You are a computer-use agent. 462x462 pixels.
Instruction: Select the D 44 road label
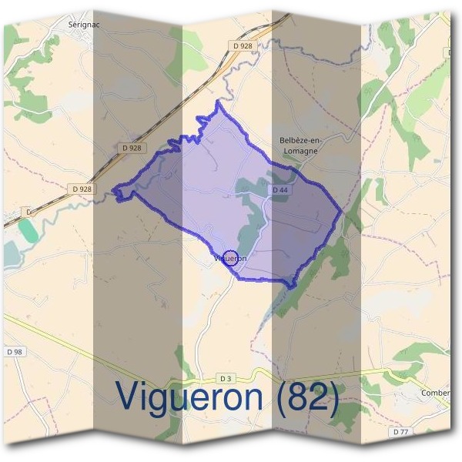(x=280, y=189)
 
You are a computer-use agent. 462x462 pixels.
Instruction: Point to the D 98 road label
(x=15, y=352)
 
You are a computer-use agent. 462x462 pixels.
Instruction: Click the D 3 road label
(x=226, y=378)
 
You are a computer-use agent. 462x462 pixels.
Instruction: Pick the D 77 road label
(x=400, y=432)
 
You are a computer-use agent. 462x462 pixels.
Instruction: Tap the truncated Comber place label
(x=435, y=393)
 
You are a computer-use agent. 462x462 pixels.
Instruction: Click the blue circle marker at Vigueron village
(x=229, y=256)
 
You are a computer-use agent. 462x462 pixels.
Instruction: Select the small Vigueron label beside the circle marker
(x=231, y=259)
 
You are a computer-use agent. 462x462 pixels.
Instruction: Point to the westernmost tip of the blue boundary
(x=113, y=190)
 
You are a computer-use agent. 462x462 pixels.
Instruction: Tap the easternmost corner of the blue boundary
(x=342, y=211)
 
